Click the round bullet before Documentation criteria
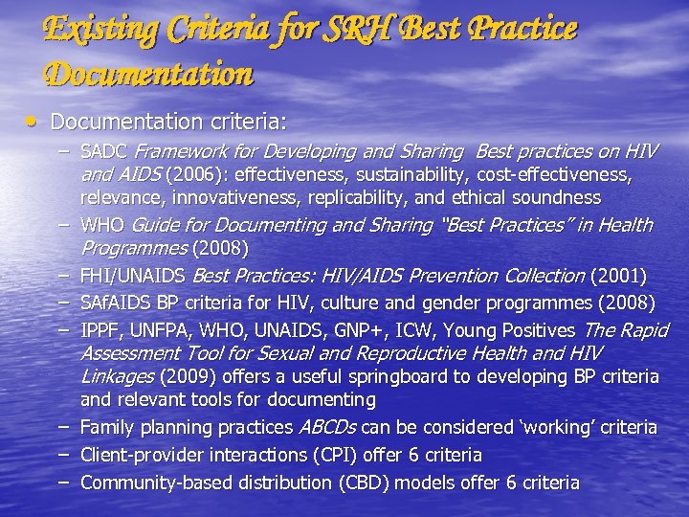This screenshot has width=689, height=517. point(33,122)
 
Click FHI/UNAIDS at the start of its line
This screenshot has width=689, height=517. point(134,276)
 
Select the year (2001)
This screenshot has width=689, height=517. point(618,276)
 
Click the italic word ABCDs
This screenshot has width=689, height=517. point(327,427)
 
